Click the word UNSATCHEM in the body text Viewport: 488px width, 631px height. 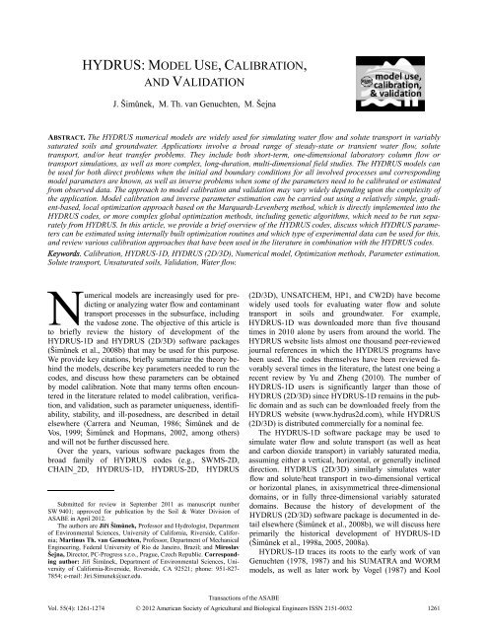(x=313, y=293)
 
